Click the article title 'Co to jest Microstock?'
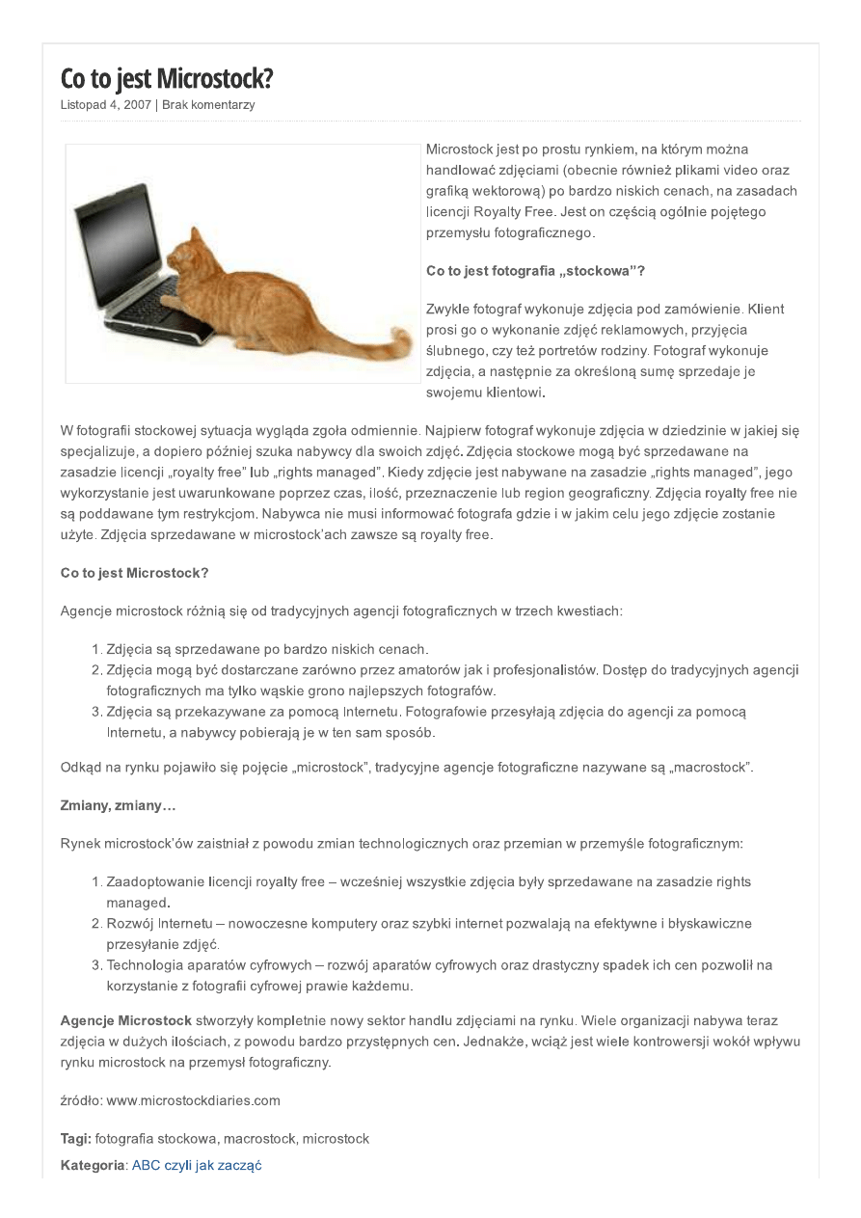tap(167, 78)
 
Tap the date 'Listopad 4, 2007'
tap(105, 105)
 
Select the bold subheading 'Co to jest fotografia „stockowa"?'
tap(535, 271)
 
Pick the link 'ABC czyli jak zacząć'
tap(197, 1165)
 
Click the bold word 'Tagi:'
tap(75, 1139)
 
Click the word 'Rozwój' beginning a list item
tap(128, 923)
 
